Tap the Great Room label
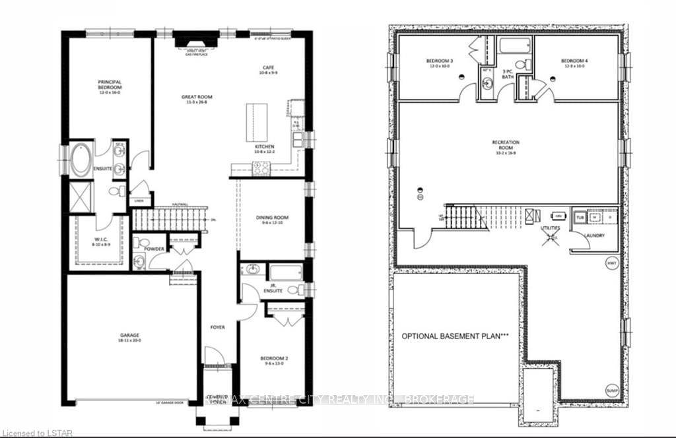196,100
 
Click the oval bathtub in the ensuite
81,160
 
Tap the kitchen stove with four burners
261,168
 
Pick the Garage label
129,338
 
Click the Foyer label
217,327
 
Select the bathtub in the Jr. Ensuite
285,270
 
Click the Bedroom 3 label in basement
439,63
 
